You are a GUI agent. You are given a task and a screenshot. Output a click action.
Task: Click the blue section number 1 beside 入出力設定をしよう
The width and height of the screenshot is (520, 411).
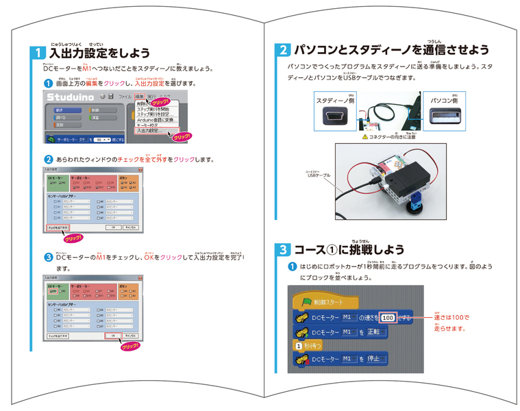click(x=39, y=53)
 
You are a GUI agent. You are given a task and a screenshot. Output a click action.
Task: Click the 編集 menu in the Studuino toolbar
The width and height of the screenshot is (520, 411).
click(x=140, y=96)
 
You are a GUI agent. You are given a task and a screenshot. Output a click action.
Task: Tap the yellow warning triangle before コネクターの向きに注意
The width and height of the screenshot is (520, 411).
click(x=357, y=136)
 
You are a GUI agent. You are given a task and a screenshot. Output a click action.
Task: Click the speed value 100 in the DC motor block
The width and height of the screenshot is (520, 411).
click(x=388, y=318)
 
